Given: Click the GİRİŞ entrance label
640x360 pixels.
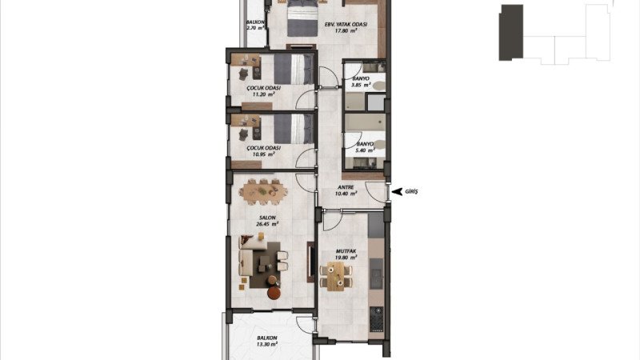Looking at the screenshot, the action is click(411, 191).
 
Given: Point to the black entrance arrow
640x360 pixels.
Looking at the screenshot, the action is click(397, 191).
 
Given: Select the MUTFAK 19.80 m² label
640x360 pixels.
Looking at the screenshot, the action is click(346, 254).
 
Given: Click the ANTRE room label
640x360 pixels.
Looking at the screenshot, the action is click(346, 190).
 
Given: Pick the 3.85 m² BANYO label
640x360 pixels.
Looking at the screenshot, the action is click(361, 82).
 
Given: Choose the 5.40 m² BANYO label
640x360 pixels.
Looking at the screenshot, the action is click(366, 147).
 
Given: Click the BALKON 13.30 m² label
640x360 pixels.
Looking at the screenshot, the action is click(267, 341).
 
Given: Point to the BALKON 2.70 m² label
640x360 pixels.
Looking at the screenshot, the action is click(255, 26).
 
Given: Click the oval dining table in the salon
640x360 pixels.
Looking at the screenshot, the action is click(263, 191).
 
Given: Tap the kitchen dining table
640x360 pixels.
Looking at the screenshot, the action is click(336, 275).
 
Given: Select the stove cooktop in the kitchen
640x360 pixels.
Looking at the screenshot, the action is click(376, 318).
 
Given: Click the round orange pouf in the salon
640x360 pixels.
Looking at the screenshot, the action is click(274, 293).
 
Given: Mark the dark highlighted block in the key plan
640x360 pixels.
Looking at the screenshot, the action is click(511, 33).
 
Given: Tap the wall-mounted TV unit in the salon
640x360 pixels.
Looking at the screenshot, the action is click(310, 262).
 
